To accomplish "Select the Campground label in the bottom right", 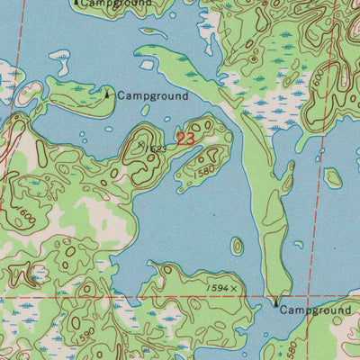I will tap(314, 310).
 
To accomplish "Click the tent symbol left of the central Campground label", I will tap(109, 93).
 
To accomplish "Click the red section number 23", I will tap(184, 139).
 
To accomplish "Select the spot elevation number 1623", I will tap(155, 147).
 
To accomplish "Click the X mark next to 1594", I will tap(235, 288).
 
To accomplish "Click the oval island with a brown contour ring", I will tap(237, 246).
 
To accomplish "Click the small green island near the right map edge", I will tap(333, 177).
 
